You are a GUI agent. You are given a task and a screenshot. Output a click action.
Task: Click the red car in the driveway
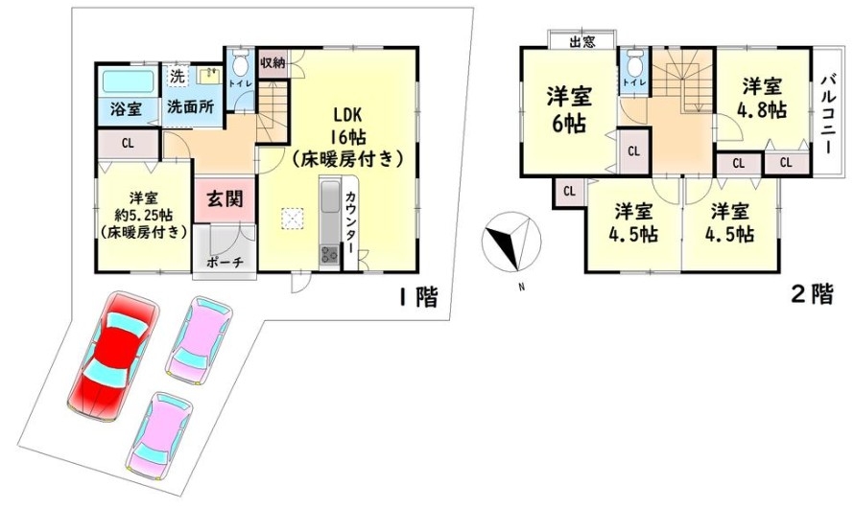pyautogui.click(x=113, y=358)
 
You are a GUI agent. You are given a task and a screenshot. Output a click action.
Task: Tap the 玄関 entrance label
pyautogui.click(x=224, y=199)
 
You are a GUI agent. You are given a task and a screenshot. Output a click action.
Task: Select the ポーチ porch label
pyautogui.click(x=225, y=262)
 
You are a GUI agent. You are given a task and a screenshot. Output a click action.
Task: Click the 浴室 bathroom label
pyautogui.click(x=127, y=108)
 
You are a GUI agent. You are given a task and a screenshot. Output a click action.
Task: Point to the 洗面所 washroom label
pyautogui.click(x=190, y=106)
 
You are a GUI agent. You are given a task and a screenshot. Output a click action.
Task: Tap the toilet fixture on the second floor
pyautogui.click(x=634, y=64)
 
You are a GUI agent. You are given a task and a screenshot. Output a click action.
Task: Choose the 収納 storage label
pyautogui.click(x=273, y=62)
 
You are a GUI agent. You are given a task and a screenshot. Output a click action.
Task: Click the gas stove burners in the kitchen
pyautogui.click(x=328, y=253)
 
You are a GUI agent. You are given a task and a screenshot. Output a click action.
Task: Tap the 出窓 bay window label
pyautogui.click(x=582, y=42)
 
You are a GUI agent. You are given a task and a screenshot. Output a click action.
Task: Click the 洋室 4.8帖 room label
pyautogui.click(x=762, y=99)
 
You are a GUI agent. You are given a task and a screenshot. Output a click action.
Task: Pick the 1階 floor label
pyautogui.click(x=418, y=297)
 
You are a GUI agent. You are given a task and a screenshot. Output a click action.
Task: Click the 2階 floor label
pyautogui.click(x=812, y=294)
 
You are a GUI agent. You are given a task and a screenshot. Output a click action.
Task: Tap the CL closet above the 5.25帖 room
pyautogui.click(x=128, y=144)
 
